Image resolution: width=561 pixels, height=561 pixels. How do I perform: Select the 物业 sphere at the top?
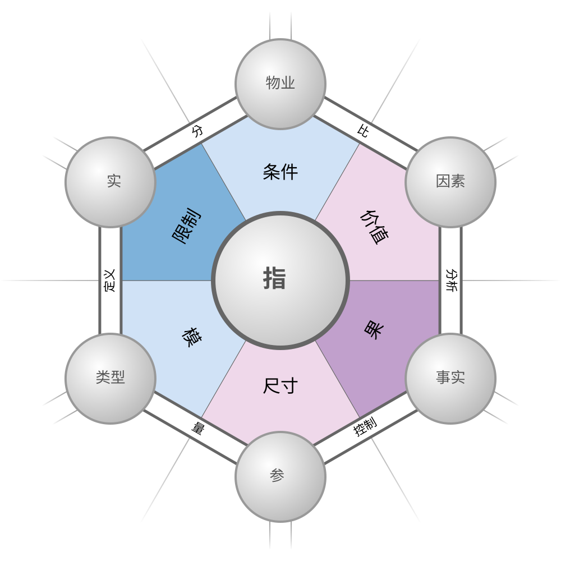point(280,84)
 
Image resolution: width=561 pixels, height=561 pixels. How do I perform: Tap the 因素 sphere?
point(450,182)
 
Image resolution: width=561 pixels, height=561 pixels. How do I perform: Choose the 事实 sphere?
point(450,378)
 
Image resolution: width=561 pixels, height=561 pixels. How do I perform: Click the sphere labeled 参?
point(280,476)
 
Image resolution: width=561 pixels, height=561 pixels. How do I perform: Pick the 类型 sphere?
point(111,378)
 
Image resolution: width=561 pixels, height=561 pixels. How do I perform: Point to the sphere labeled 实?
point(111,182)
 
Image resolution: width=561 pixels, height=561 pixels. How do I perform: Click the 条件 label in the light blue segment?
point(280,172)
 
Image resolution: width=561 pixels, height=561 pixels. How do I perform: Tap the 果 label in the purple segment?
point(373,329)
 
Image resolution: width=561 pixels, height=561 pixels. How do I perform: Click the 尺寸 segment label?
point(280,386)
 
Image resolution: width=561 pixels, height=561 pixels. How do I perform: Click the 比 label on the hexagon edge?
point(363,131)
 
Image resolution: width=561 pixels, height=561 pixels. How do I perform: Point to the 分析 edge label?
point(451,280)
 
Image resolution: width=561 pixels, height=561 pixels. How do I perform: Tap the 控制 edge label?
point(365,427)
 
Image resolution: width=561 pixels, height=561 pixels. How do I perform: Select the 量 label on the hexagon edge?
point(197,429)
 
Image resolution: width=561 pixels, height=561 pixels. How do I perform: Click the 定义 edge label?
point(110,280)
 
